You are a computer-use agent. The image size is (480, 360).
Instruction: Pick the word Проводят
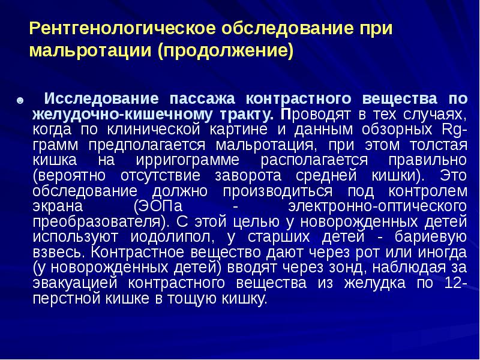click(x=314, y=113)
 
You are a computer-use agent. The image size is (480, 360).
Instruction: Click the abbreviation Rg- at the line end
click(x=453, y=129)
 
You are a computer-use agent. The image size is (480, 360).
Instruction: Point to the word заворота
click(x=248, y=176)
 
